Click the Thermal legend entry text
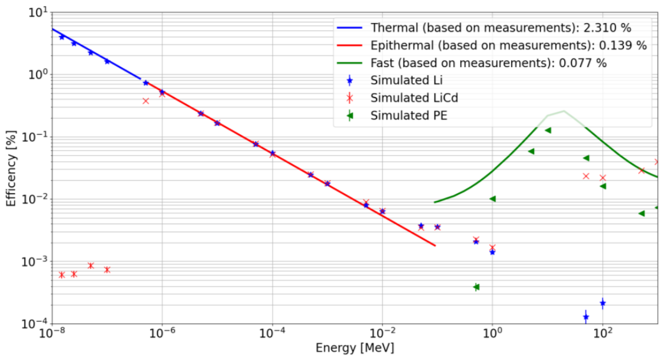pyautogui.click(x=501, y=28)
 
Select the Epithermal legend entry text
pyautogui.click(x=509, y=45)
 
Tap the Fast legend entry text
pyautogui.click(x=488, y=63)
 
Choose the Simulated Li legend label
pyautogui.click(x=406, y=80)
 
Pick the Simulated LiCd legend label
pyautogui.click(x=414, y=98)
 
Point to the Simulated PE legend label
pyautogui.click(x=408, y=116)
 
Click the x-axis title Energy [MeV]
pyautogui.click(x=355, y=348)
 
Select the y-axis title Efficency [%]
pyautogui.click(x=11, y=168)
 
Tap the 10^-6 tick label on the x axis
pyautogui.click(x=162, y=333)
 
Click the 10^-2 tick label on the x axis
pyautogui.click(x=382, y=333)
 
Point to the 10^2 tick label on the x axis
pyautogui.click(x=603, y=333)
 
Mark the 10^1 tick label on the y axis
pyautogui.click(x=38, y=12)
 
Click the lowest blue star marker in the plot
pyautogui.click(x=586, y=317)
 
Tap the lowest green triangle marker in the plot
pyautogui.click(x=476, y=287)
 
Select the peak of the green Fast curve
pyautogui.click(x=564, y=111)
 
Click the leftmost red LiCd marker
pyautogui.click(x=62, y=275)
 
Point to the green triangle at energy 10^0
pyautogui.click(x=493, y=199)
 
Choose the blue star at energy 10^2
pyautogui.click(x=603, y=303)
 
